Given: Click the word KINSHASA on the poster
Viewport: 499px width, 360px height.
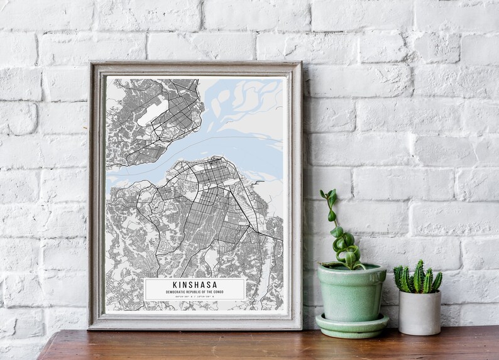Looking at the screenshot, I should (195, 285).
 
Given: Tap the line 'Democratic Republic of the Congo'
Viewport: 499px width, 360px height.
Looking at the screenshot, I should (195, 292).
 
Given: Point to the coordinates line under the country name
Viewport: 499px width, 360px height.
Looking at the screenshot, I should (195, 297).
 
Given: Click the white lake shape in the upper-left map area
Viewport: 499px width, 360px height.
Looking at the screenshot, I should (153, 112).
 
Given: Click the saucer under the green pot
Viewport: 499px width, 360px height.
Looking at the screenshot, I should (351, 325).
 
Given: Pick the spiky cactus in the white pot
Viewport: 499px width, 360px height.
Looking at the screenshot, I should (418, 278).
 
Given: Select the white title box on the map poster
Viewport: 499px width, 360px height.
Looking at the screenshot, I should (195, 289).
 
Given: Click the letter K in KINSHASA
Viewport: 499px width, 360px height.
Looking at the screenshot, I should (175, 285).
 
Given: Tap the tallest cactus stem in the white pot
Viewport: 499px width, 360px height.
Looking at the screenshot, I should (418, 273).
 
